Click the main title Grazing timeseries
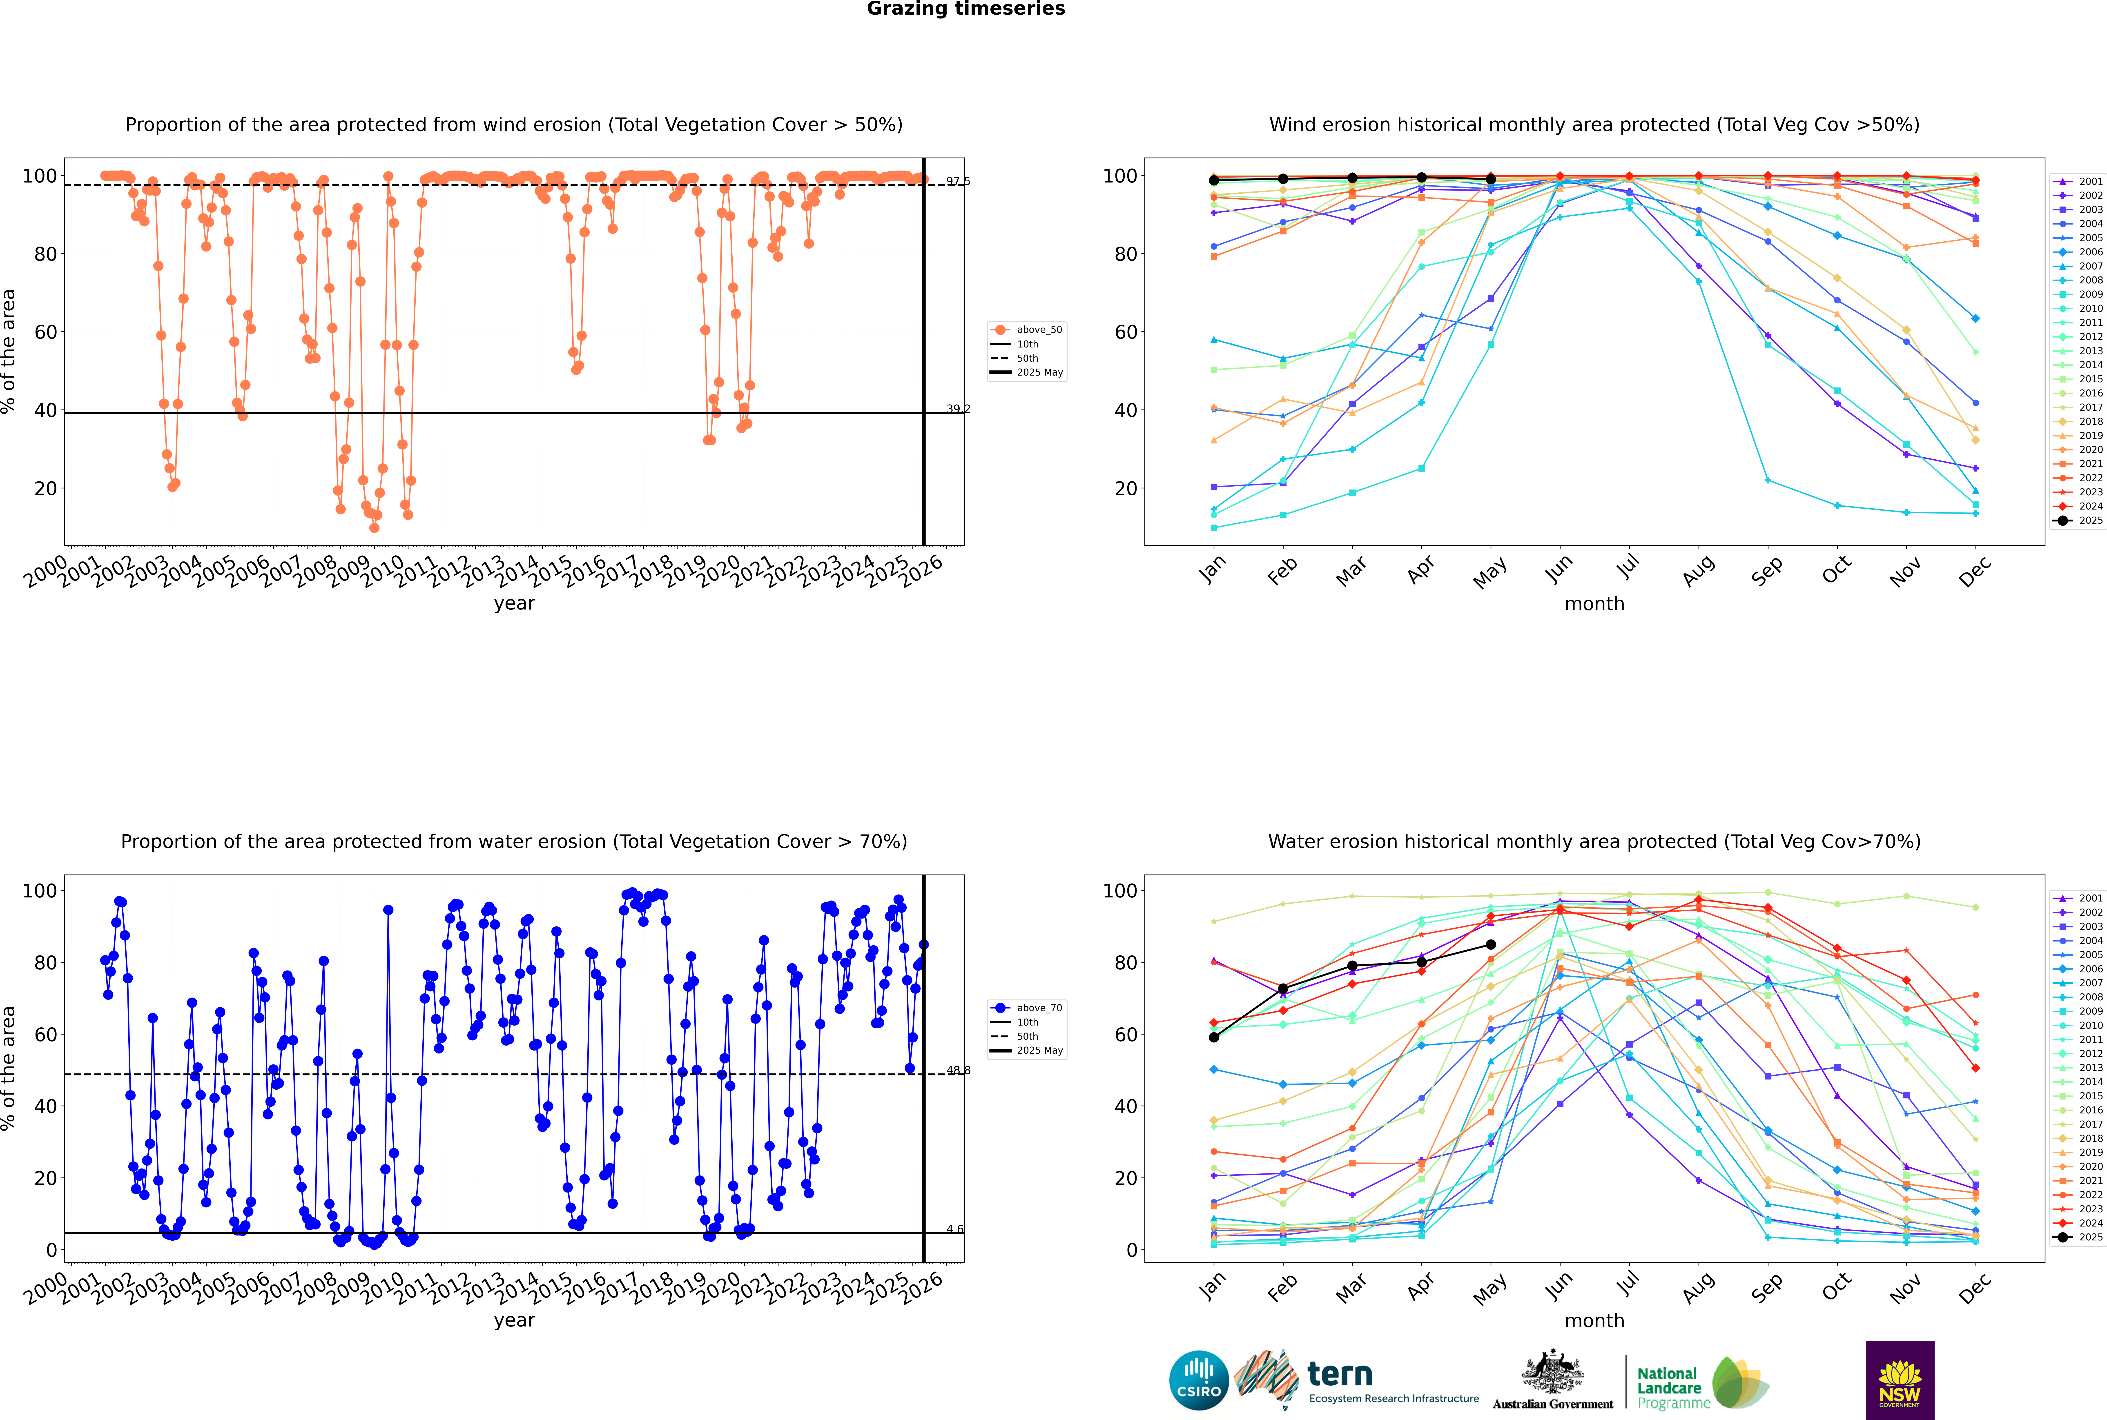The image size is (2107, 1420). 966,9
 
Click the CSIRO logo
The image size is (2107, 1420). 1198,1380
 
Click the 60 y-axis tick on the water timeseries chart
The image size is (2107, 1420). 45,1034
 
